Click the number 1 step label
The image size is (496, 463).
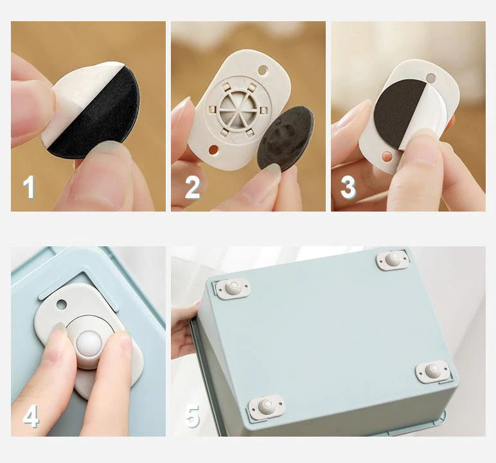(x=29, y=187)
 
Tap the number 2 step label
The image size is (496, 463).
(x=192, y=187)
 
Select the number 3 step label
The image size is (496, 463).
(x=348, y=187)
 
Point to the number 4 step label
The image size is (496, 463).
(x=30, y=416)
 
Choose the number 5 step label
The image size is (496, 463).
(x=191, y=416)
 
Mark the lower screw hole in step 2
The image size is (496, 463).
(x=213, y=150)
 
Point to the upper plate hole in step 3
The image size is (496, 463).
(x=431, y=78)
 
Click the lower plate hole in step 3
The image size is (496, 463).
(x=387, y=157)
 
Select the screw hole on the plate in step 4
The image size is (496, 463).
(x=62, y=304)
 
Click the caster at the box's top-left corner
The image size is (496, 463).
(x=233, y=288)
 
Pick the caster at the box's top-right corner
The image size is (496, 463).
(x=393, y=259)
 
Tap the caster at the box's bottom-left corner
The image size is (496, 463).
(x=266, y=406)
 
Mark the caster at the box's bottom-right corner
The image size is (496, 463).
(x=432, y=371)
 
